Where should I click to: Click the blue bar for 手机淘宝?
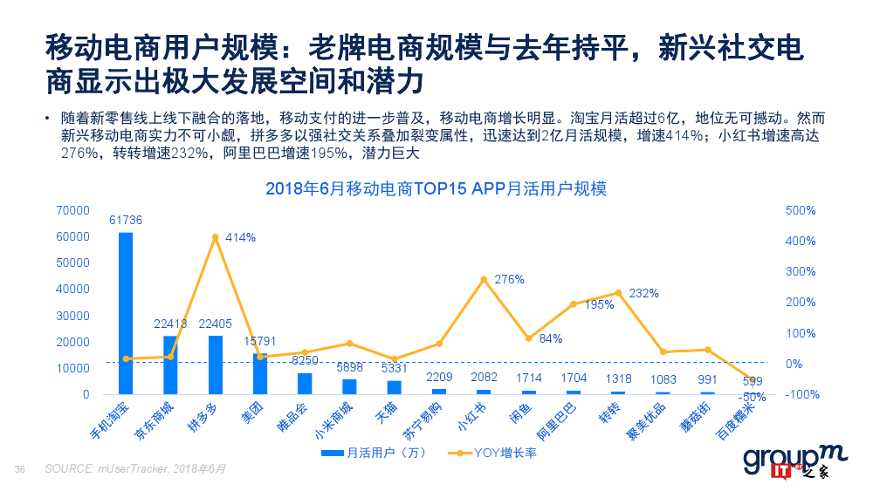(x=126, y=313)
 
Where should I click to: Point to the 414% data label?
(x=240, y=237)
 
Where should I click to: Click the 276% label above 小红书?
(x=509, y=280)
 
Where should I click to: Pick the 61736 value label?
(x=126, y=220)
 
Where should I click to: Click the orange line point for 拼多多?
(x=215, y=237)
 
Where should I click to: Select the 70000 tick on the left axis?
(x=72, y=211)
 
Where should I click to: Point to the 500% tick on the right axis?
(x=801, y=211)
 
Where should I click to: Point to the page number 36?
(x=20, y=469)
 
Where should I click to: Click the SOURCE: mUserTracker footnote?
(x=136, y=469)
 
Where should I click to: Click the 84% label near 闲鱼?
(x=550, y=338)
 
